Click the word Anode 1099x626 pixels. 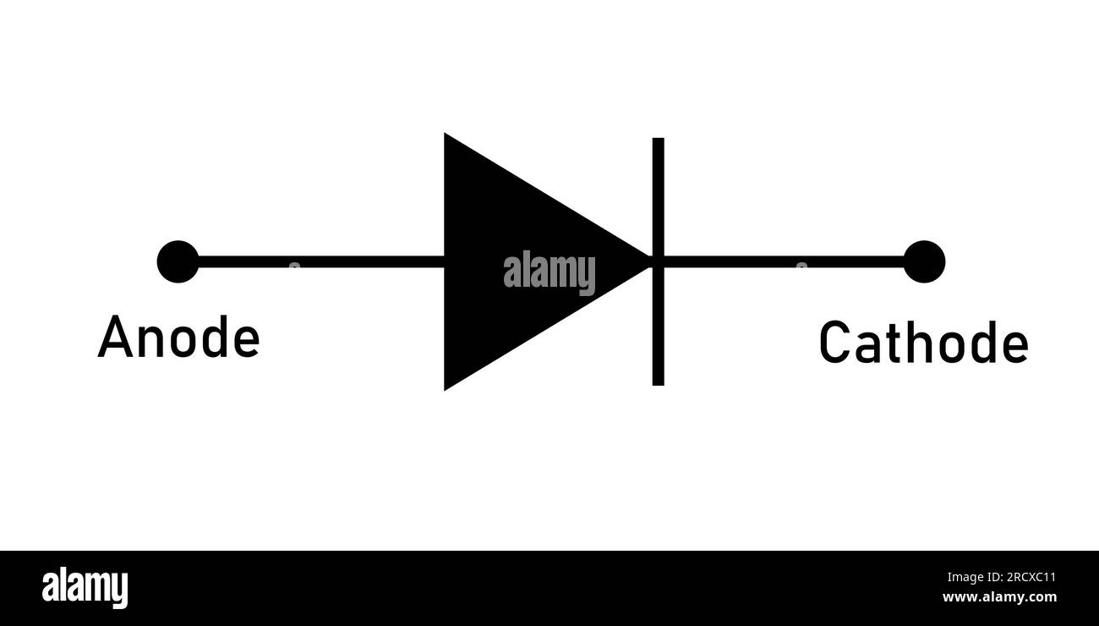(x=178, y=338)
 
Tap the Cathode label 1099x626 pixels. (x=923, y=343)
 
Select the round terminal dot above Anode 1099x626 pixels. (x=178, y=261)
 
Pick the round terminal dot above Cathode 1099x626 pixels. (x=924, y=261)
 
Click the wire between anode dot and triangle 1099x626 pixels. (x=321, y=261)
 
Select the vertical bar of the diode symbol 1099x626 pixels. (x=658, y=321)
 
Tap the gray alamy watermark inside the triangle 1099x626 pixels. (x=549, y=272)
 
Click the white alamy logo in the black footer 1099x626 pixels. (x=85, y=588)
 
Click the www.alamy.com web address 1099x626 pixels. (x=998, y=597)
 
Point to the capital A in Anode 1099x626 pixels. (x=113, y=338)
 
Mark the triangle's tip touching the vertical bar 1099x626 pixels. (x=647, y=261)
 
